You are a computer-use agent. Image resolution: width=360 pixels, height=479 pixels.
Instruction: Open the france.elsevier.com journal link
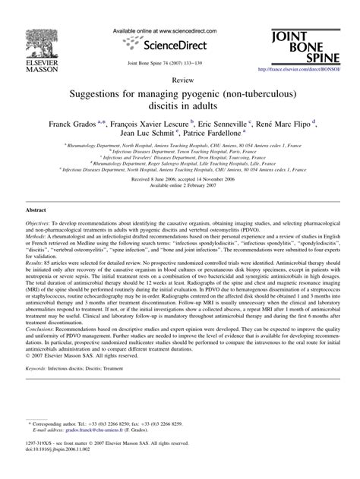point(299,70)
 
